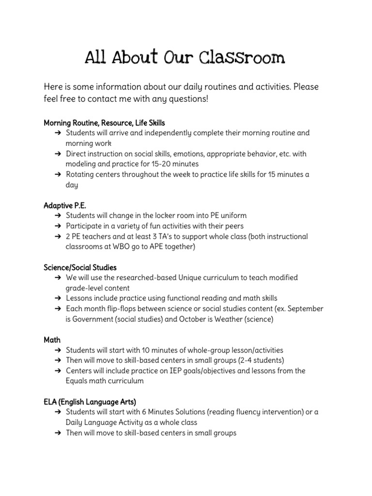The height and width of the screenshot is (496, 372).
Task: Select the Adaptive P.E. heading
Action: [x=65, y=205]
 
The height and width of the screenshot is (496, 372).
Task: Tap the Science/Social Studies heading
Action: [x=80, y=267]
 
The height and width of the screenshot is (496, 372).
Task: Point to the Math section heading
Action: [x=52, y=340]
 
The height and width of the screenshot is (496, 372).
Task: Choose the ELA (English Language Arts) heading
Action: [x=90, y=402]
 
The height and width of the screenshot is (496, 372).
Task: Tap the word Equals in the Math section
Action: [x=79, y=381]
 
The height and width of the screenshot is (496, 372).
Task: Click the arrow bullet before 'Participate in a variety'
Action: [x=57, y=226]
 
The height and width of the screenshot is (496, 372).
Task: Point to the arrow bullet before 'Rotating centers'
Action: [x=57, y=174]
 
